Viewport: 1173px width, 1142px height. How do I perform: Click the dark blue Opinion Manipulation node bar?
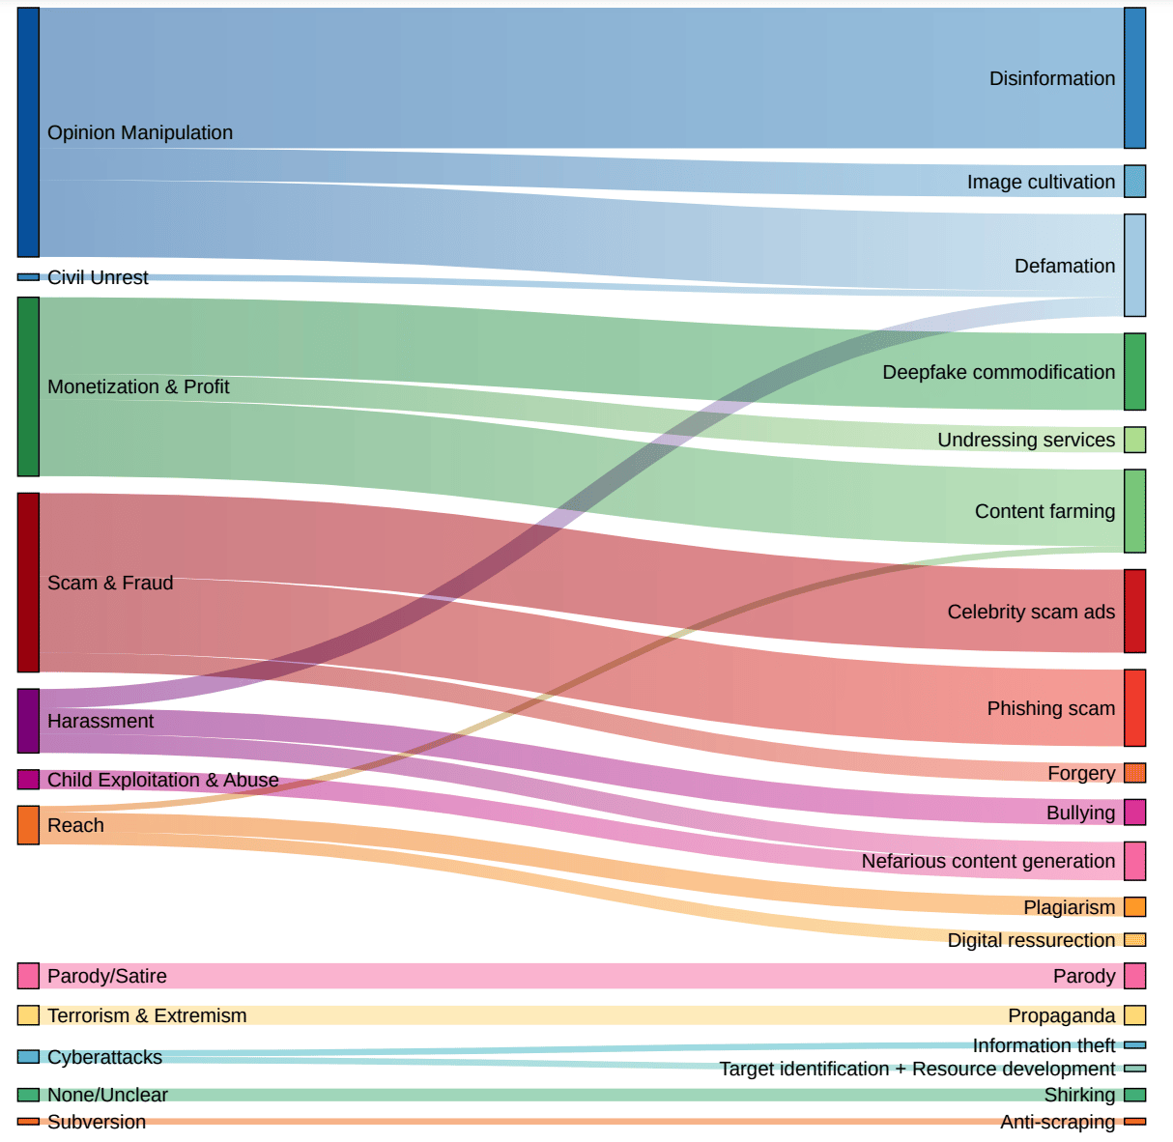point(28,132)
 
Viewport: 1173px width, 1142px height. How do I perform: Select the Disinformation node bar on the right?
point(1134,78)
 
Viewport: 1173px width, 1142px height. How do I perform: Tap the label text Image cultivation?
point(1041,182)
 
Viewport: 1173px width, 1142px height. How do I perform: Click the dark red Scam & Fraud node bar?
point(28,583)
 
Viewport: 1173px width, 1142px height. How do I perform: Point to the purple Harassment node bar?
point(28,721)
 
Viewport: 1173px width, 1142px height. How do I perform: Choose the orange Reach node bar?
point(28,825)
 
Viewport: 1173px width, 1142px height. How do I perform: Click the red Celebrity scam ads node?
point(1134,611)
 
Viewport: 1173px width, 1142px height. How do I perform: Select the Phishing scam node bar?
point(1134,708)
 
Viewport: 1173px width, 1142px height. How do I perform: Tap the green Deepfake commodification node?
point(1134,372)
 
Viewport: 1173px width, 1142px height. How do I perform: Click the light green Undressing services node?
point(1134,440)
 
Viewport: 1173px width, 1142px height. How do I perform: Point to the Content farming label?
point(1044,511)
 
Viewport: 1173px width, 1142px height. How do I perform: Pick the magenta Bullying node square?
point(1134,813)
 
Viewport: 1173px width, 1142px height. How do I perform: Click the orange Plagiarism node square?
point(1134,906)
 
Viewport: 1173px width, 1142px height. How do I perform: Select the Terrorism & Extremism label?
point(147,1015)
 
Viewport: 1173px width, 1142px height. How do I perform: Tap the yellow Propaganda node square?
point(1134,1015)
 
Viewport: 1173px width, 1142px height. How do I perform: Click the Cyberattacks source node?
point(28,1057)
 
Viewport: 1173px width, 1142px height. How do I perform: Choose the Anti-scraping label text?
point(1057,1122)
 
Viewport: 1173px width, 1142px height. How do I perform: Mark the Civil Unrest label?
point(98,277)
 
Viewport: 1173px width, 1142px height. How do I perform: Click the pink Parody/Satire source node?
point(28,976)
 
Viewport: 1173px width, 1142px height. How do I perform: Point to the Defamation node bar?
point(1134,266)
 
